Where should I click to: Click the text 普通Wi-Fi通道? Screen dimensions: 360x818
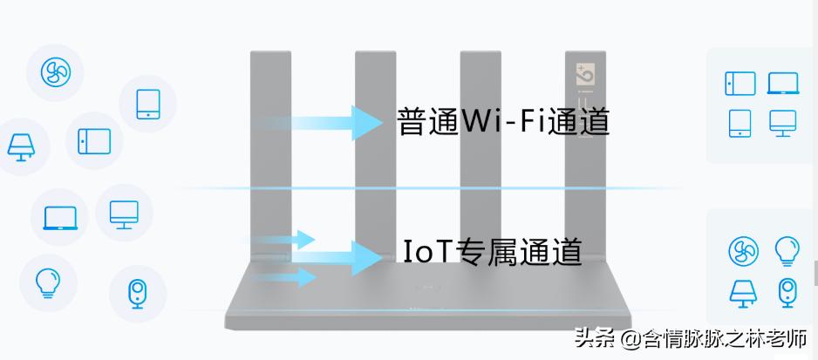pyautogui.click(x=502, y=121)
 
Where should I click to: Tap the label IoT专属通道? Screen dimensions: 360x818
pyautogui.click(x=493, y=251)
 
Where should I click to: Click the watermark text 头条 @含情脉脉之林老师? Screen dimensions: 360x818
pyautogui.click(x=690, y=338)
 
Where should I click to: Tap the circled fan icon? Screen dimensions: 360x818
pyautogui.click(x=56, y=71)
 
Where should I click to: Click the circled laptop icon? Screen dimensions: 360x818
pyautogui.click(x=60, y=215)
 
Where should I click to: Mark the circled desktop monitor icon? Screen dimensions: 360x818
pyautogui.click(x=124, y=213)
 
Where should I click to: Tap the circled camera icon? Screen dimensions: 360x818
pyautogui.click(x=137, y=294)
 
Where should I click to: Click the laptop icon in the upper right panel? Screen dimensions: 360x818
pyautogui.click(x=783, y=84)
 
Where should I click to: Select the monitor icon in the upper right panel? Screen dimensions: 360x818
pyautogui.click(x=783, y=123)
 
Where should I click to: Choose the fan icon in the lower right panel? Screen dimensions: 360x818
pyautogui.click(x=742, y=250)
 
